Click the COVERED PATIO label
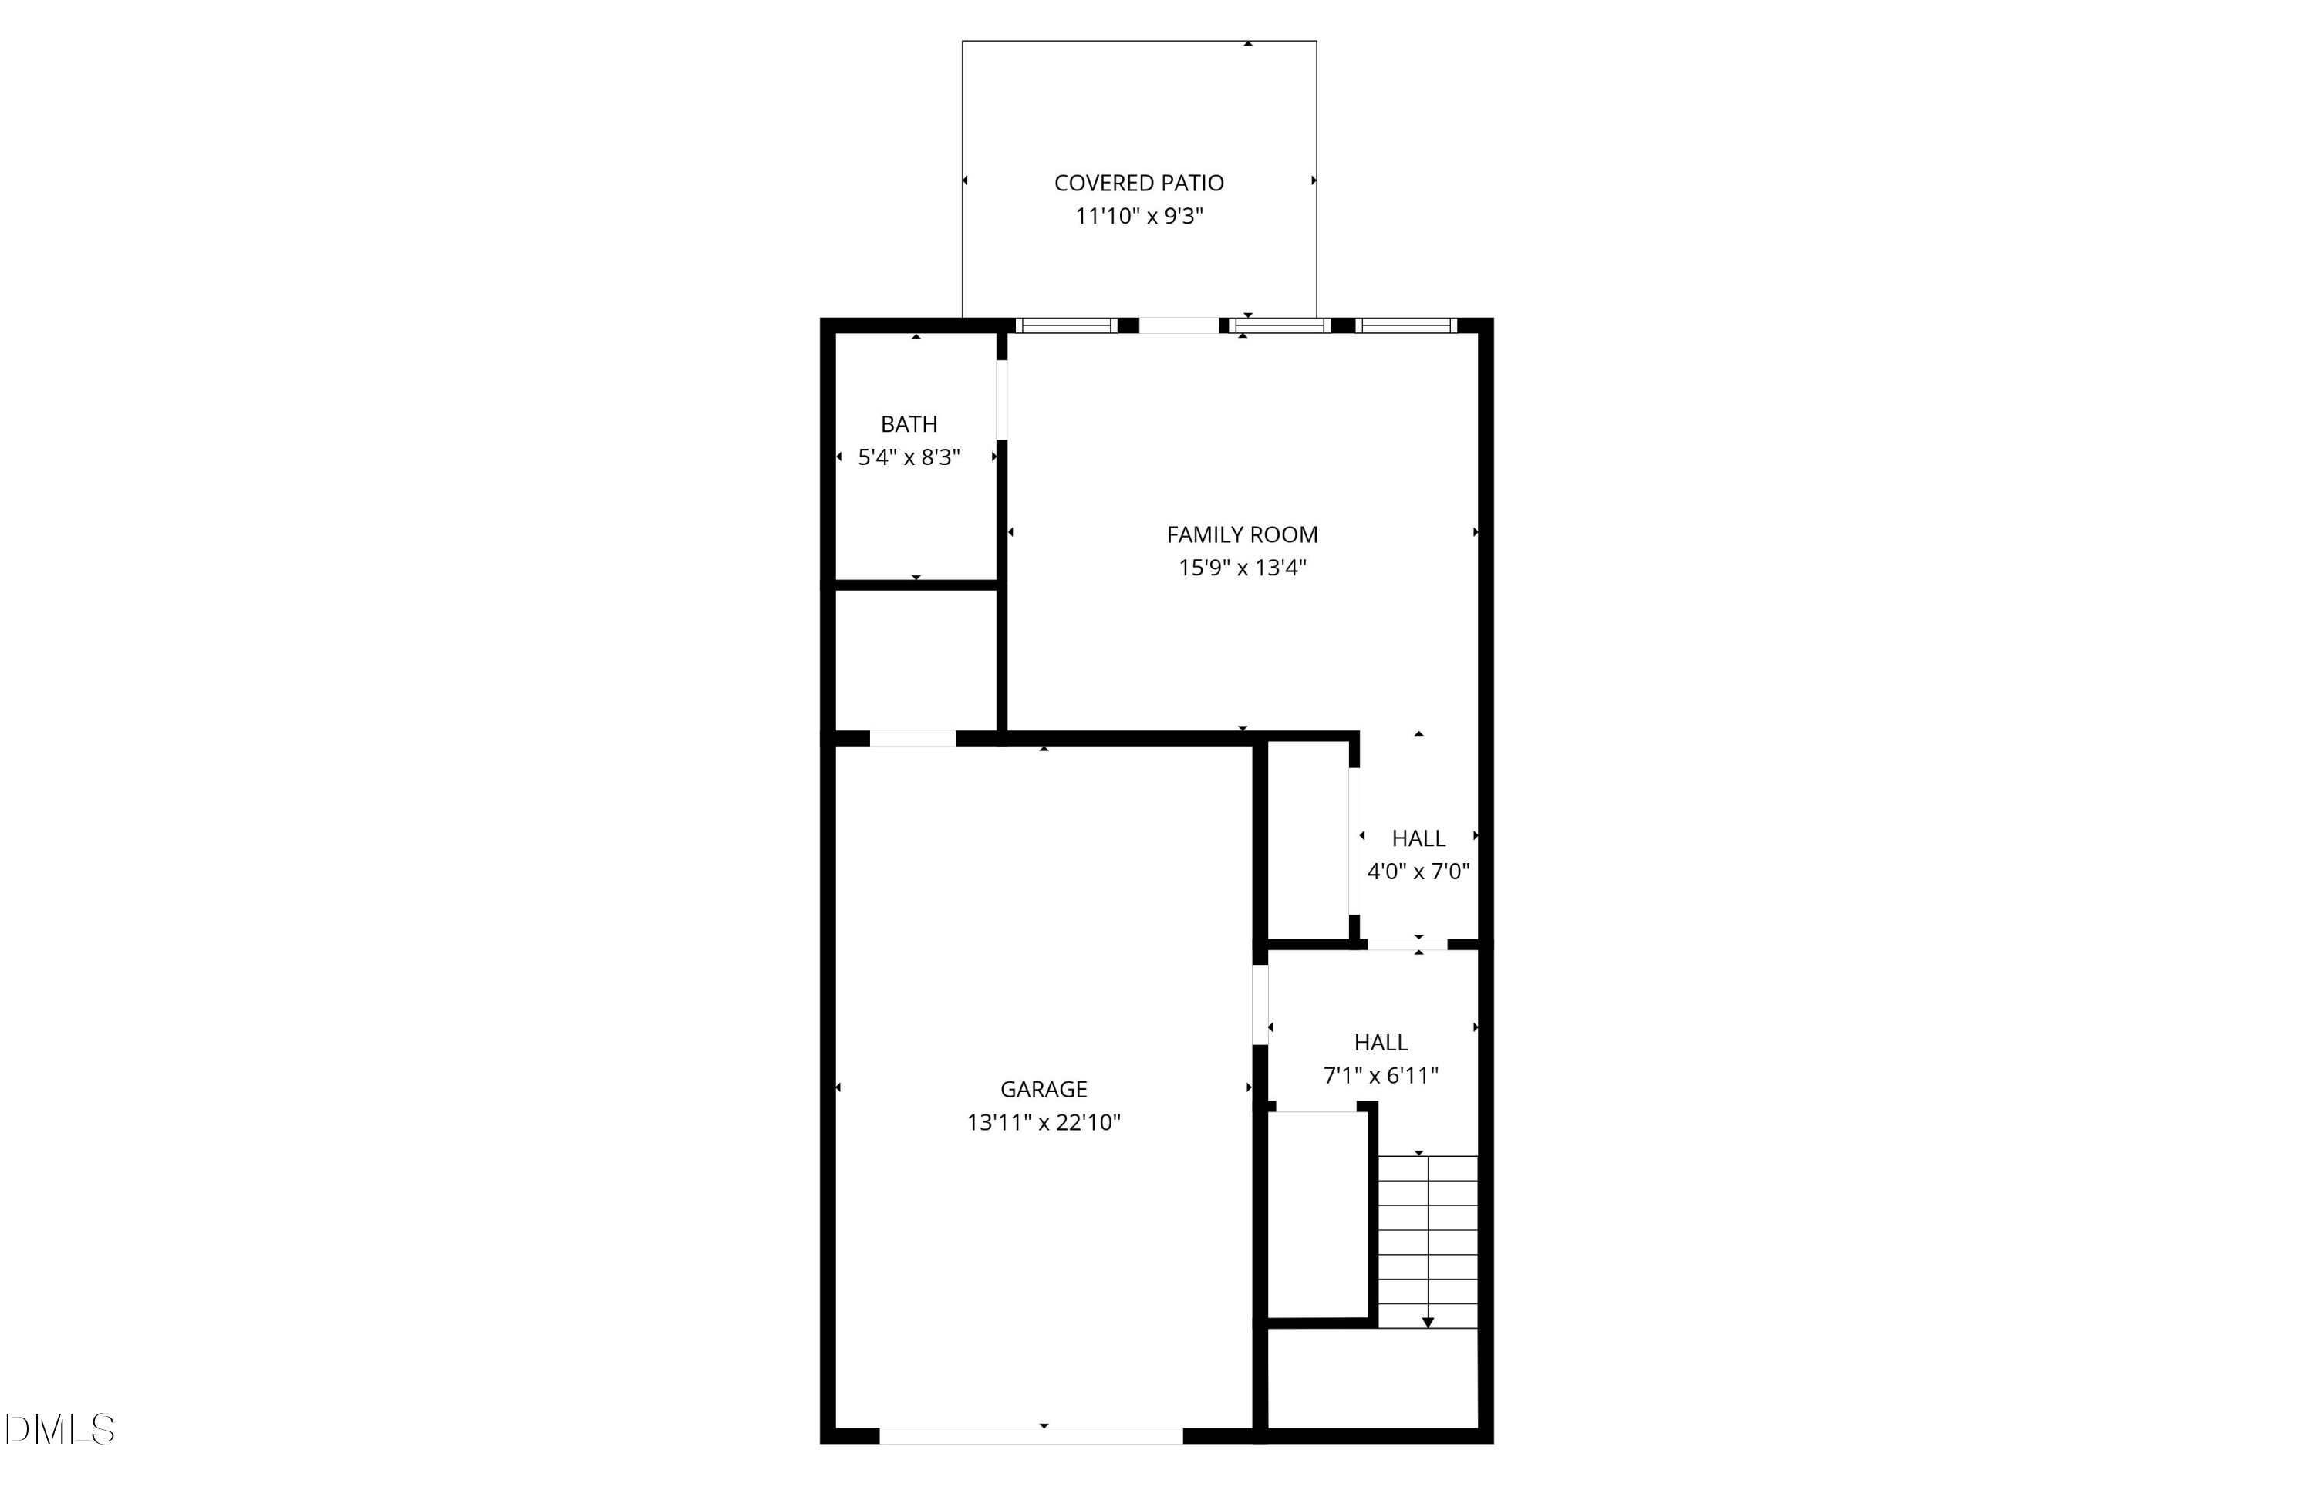(x=1138, y=183)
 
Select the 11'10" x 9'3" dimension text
(x=1138, y=216)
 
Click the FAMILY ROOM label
(x=1242, y=534)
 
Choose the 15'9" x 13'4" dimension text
(x=1242, y=568)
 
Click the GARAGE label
(x=1044, y=1089)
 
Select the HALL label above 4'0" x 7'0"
(x=1418, y=838)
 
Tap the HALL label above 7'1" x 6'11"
(x=1381, y=1042)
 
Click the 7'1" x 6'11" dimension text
(x=1381, y=1076)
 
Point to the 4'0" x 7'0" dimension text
(x=1418, y=871)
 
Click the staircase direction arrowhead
(x=1427, y=1322)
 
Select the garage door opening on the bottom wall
(x=1031, y=1436)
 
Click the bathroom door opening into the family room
(x=1001, y=400)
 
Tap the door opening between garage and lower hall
(x=1260, y=1004)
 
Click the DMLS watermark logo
(x=60, y=1429)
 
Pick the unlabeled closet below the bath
(x=916, y=659)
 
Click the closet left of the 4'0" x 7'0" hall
(x=1307, y=841)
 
